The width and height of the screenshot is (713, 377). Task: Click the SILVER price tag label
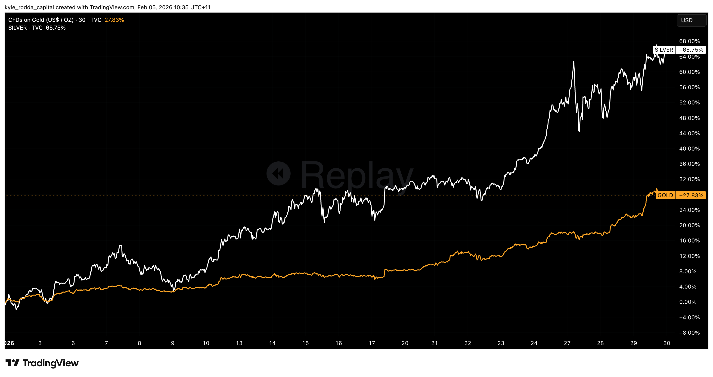(x=663, y=50)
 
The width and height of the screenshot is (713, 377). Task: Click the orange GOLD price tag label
(x=665, y=195)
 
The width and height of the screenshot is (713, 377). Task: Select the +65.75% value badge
(x=691, y=50)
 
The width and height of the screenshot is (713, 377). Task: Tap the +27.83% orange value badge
(x=691, y=195)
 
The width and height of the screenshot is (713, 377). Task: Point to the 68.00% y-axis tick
(x=689, y=41)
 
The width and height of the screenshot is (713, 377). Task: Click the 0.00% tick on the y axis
(x=688, y=302)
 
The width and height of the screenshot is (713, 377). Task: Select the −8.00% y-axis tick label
(x=689, y=333)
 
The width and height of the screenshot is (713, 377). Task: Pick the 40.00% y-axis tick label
(x=689, y=149)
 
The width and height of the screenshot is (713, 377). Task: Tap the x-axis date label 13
(x=239, y=343)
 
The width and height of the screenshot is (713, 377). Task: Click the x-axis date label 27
(x=567, y=343)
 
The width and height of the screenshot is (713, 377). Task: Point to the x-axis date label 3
(x=40, y=343)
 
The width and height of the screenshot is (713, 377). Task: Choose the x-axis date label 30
(x=666, y=343)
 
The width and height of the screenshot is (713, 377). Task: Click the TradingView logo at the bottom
(x=42, y=363)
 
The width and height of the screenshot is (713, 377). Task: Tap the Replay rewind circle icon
(x=278, y=174)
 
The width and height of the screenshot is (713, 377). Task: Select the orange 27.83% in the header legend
(x=114, y=20)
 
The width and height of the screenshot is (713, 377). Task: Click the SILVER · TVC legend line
(x=25, y=28)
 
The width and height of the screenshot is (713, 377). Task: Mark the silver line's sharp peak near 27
(x=573, y=62)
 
